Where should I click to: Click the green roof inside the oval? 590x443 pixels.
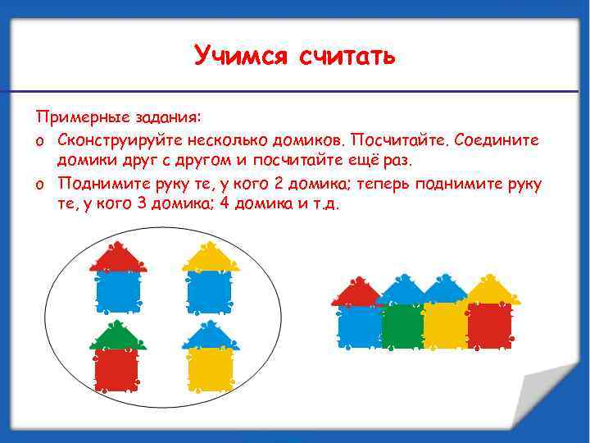pyautogui.click(x=117, y=336)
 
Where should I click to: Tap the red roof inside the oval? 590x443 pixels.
pyautogui.click(x=118, y=258)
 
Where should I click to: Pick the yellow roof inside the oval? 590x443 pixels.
pyautogui.click(x=211, y=258)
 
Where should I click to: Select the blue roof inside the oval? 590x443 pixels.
pyautogui.click(x=211, y=336)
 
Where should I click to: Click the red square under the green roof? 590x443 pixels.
pyautogui.click(x=117, y=369)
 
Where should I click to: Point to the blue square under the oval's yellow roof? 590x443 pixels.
pyautogui.click(x=211, y=291)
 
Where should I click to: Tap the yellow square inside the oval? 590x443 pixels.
pyautogui.click(x=211, y=369)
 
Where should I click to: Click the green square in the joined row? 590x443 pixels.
pyautogui.click(x=402, y=326)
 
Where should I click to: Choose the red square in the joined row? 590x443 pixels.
pyautogui.click(x=489, y=326)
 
